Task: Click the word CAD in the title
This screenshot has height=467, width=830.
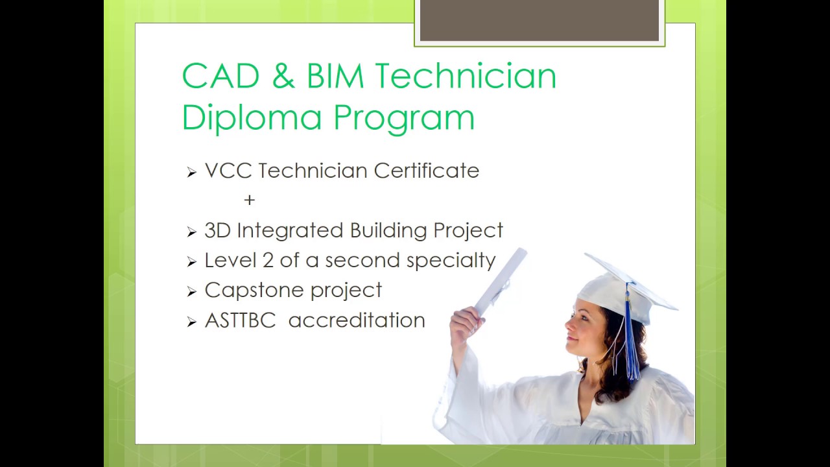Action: tap(220, 77)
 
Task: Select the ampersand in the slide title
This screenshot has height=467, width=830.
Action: tap(283, 77)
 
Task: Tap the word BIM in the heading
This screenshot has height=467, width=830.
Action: tap(335, 77)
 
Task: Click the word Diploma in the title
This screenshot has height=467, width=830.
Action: tap(252, 118)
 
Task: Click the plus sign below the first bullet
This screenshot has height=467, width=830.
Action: tap(250, 200)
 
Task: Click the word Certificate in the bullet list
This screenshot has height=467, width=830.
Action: tap(426, 171)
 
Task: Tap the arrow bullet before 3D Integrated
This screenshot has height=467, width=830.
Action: tap(191, 232)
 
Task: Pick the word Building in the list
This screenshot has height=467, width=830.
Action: tap(388, 231)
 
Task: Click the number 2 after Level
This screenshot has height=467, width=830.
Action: tap(268, 260)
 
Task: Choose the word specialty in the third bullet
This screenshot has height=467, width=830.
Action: tap(451, 261)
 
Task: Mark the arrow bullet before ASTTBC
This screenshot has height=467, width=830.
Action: tap(191, 321)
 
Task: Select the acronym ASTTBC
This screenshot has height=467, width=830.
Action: tap(240, 320)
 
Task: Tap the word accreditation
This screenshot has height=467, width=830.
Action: tap(357, 320)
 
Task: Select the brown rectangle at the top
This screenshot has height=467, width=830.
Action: tap(539, 21)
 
